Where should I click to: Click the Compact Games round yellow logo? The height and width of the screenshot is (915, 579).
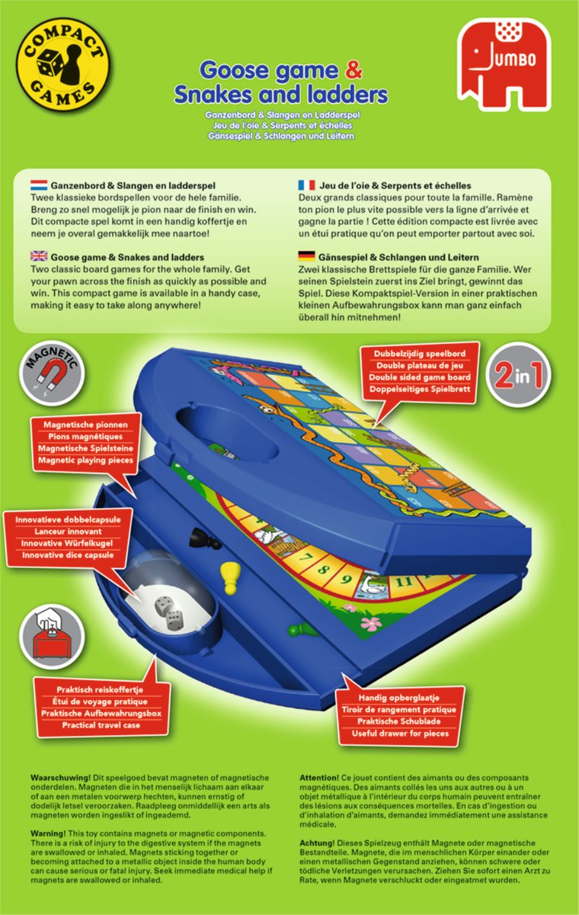[x=62, y=66]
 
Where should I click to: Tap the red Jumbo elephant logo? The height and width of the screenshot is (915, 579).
[x=504, y=65]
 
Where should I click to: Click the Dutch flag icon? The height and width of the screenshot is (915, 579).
[x=39, y=185]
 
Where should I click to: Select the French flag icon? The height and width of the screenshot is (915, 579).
[x=306, y=185]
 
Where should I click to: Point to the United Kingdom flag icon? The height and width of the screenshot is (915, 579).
[x=39, y=256]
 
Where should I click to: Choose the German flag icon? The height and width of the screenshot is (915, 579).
[x=306, y=256]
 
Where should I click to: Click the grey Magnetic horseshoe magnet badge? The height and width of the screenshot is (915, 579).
[x=52, y=374]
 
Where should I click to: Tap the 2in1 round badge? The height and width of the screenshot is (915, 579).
[x=518, y=375]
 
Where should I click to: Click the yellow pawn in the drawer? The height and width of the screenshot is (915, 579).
[x=229, y=579]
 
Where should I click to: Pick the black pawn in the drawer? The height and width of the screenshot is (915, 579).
[x=206, y=538]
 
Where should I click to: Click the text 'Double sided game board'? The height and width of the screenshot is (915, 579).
[x=420, y=377]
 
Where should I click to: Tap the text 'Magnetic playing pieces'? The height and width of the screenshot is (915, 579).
[x=85, y=461]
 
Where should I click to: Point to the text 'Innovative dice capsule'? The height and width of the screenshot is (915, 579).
[x=68, y=556]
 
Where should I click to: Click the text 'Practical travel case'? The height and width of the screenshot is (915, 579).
[x=101, y=725]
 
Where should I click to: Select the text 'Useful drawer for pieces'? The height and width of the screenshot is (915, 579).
[x=400, y=734]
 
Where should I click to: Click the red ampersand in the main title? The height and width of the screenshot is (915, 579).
[x=353, y=70]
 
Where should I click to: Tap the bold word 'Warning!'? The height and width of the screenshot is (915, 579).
[x=48, y=833]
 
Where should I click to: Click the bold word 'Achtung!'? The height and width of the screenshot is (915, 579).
[x=317, y=843]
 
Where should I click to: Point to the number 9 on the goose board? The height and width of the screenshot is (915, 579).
[x=347, y=579]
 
